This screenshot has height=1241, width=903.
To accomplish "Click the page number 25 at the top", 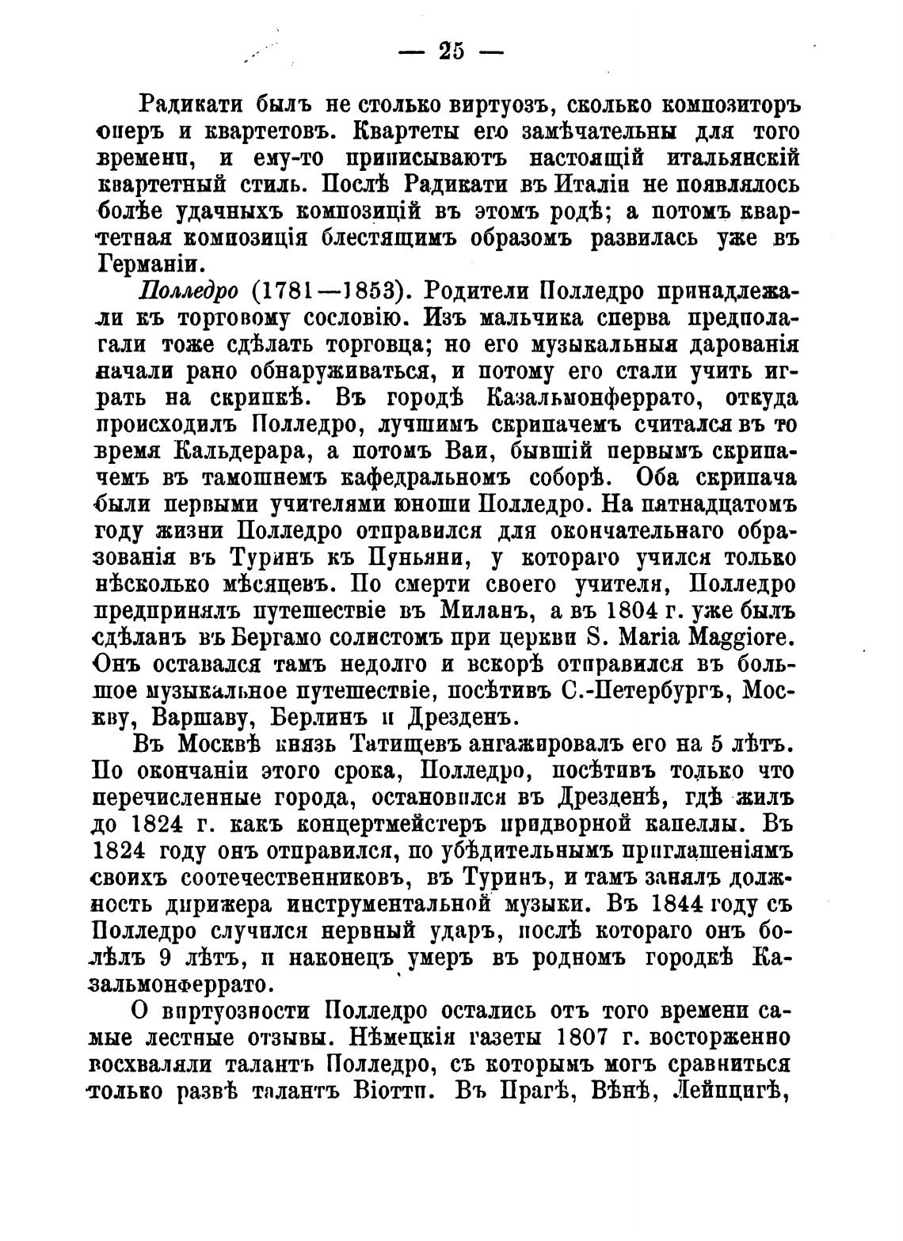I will [450, 52].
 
